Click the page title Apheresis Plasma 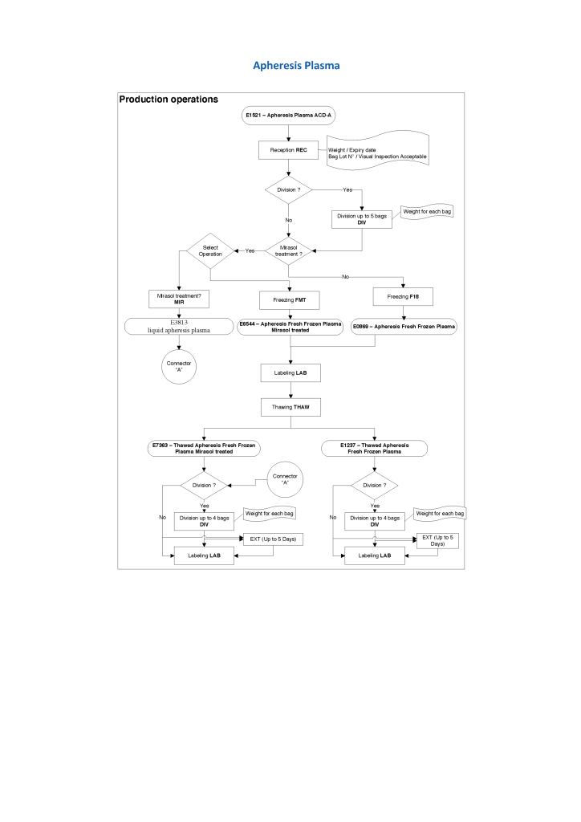(x=290, y=64)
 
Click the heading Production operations (x=168, y=100)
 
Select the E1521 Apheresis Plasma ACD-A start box (x=288, y=116)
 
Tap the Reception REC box (x=288, y=149)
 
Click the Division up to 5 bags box (x=362, y=218)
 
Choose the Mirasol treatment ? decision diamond (x=289, y=251)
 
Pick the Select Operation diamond (x=210, y=250)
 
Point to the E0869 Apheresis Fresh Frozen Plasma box (x=404, y=326)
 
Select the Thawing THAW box (x=289, y=407)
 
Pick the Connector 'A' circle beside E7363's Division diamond (x=285, y=479)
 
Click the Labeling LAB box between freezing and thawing (x=289, y=372)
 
